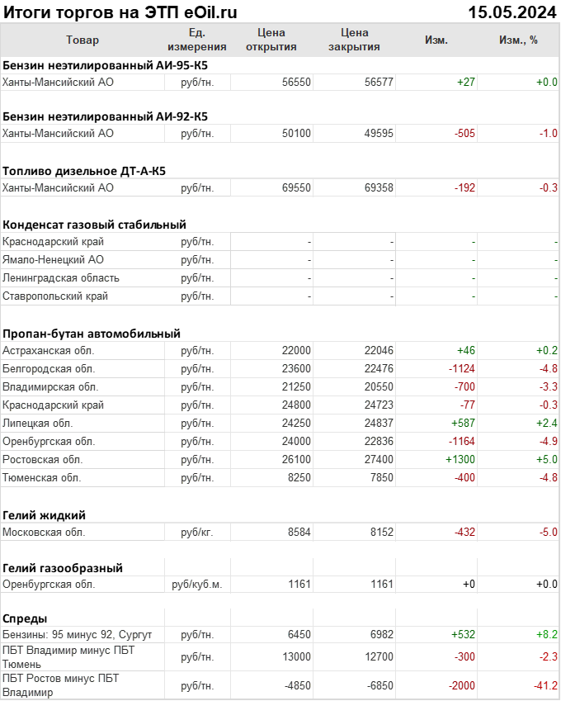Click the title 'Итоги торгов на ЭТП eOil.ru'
point(120,12)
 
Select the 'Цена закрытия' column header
point(354,40)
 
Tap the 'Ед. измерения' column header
point(196,40)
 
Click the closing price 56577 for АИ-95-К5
point(379,82)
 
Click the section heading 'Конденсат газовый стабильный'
point(94,224)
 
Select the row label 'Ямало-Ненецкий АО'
point(53,259)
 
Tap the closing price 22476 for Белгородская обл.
point(379,368)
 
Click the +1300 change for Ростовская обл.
point(460,459)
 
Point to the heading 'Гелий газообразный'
point(63,567)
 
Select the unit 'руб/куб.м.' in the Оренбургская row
point(196,585)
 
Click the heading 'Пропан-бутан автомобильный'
point(92,334)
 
